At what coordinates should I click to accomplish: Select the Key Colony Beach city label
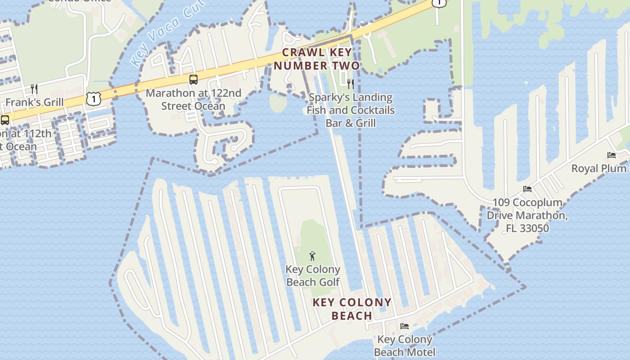[352, 309]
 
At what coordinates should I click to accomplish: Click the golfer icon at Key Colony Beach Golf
[313, 256]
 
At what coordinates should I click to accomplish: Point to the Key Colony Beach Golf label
[313, 276]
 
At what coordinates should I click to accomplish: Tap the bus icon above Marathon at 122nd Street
[193, 80]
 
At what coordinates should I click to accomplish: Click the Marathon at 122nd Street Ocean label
[193, 99]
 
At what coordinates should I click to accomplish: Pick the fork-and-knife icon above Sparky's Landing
[351, 84]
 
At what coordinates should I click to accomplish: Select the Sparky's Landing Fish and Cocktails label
[351, 110]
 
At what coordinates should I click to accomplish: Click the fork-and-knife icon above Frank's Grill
[34, 88]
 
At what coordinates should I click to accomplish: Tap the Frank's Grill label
[34, 102]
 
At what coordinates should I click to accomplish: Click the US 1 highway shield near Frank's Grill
[93, 99]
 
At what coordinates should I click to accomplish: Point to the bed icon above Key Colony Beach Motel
[405, 326]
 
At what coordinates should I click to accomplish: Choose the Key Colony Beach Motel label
[405, 346]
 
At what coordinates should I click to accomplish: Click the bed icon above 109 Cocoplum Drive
[527, 189]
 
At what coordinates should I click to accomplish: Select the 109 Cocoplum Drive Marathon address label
[527, 215]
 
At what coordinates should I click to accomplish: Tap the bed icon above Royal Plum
[612, 155]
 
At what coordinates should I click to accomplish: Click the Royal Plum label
[599, 168]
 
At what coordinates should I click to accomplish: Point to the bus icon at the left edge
[5, 120]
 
